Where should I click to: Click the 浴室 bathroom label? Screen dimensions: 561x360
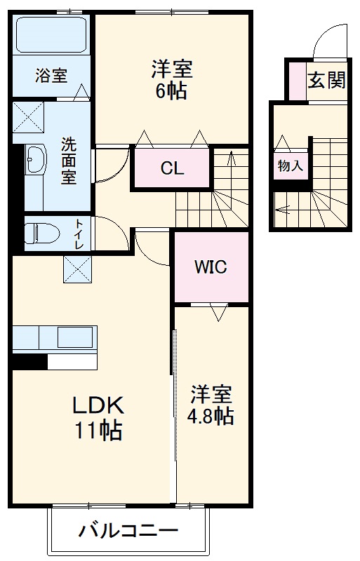(51, 75)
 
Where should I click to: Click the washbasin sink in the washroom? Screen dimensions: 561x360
(34, 163)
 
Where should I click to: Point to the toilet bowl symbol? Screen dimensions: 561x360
(39, 232)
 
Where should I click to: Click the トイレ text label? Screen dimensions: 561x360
(79, 234)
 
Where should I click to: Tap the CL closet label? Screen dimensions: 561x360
(171, 168)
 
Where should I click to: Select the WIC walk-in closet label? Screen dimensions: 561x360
(211, 267)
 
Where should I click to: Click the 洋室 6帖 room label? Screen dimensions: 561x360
(171, 80)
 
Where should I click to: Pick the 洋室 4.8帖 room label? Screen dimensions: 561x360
(211, 405)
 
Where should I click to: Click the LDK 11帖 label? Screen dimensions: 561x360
(99, 417)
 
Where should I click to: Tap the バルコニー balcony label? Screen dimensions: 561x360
(128, 531)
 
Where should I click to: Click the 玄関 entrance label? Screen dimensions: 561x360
(327, 80)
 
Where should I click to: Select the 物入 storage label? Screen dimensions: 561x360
(290, 166)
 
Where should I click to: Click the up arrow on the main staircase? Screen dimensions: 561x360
(231, 160)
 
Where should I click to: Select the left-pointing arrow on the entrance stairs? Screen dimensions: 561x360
(284, 208)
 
